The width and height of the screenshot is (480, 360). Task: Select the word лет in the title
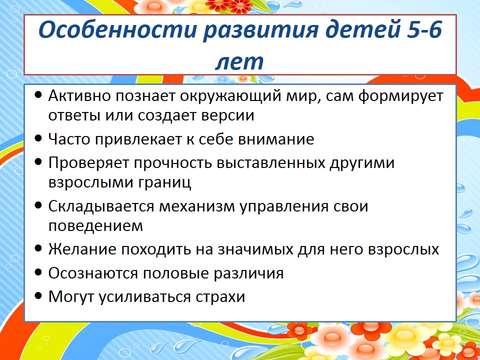239,62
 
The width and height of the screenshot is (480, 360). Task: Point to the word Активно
79,96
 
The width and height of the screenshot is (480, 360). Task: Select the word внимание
276,139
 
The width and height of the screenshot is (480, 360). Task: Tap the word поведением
95,226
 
